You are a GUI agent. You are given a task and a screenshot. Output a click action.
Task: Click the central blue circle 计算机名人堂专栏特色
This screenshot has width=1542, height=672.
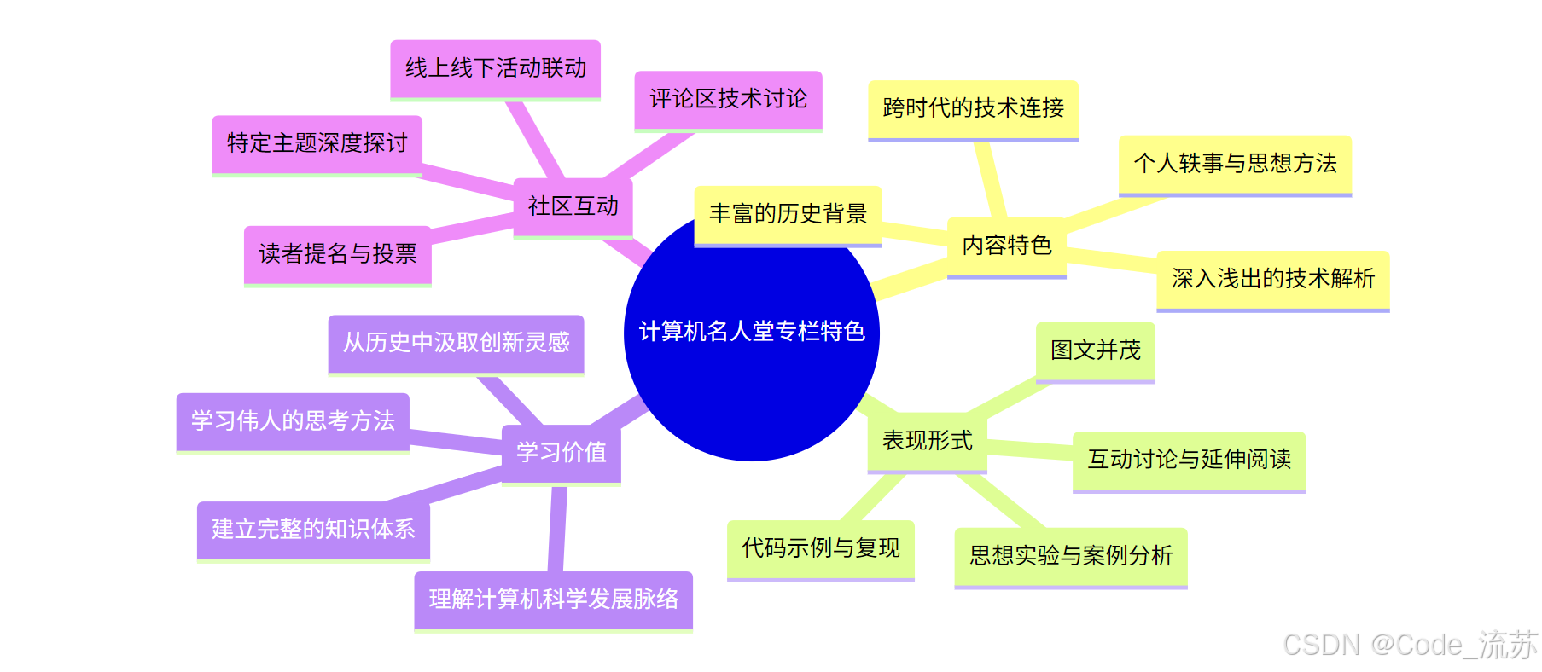pyautogui.click(x=751, y=358)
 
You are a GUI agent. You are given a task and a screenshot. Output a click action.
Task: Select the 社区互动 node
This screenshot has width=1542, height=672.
pyautogui.click(x=573, y=206)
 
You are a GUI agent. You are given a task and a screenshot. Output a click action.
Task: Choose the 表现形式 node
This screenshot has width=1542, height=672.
pyautogui.click(x=927, y=441)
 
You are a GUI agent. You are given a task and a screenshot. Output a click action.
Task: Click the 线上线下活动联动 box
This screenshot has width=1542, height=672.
pyautogui.click(x=496, y=68)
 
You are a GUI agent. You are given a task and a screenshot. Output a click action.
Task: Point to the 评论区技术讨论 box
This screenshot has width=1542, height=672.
pyautogui.click(x=728, y=99)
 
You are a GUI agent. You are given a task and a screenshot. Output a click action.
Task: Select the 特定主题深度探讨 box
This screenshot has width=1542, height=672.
pyautogui.click(x=317, y=143)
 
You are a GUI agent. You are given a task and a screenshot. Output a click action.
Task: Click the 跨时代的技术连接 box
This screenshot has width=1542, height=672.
pyautogui.click(x=973, y=108)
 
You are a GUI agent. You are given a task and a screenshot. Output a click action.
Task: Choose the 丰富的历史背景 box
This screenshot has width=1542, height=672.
pyautogui.click(x=788, y=214)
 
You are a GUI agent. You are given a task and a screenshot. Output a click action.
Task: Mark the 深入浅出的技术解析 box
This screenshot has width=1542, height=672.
pyautogui.click(x=1272, y=279)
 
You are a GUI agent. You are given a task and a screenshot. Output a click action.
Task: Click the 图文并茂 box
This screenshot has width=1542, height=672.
pyautogui.click(x=1095, y=350)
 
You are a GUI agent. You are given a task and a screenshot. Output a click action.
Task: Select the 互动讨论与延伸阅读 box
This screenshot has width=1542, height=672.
pyautogui.click(x=1189, y=460)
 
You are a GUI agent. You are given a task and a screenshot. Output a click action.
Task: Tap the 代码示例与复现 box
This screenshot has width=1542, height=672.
pyautogui.click(x=820, y=548)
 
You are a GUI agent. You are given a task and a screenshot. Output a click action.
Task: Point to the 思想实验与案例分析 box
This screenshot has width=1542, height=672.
pyautogui.click(x=1070, y=556)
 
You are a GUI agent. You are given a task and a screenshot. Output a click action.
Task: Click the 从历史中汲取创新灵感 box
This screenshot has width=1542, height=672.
pyautogui.click(x=456, y=343)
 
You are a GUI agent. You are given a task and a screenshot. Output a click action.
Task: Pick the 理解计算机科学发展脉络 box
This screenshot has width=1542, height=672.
pyautogui.click(x=553, y=600)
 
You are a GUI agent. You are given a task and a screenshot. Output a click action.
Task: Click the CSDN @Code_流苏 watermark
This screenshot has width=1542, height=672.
pyautogui.click(x=1410, y=646)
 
